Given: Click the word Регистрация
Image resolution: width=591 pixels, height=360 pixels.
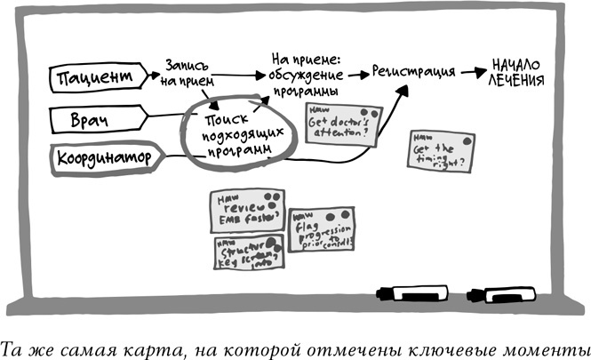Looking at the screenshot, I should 414,71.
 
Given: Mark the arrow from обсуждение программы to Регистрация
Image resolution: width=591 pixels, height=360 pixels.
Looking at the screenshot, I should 355,76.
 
